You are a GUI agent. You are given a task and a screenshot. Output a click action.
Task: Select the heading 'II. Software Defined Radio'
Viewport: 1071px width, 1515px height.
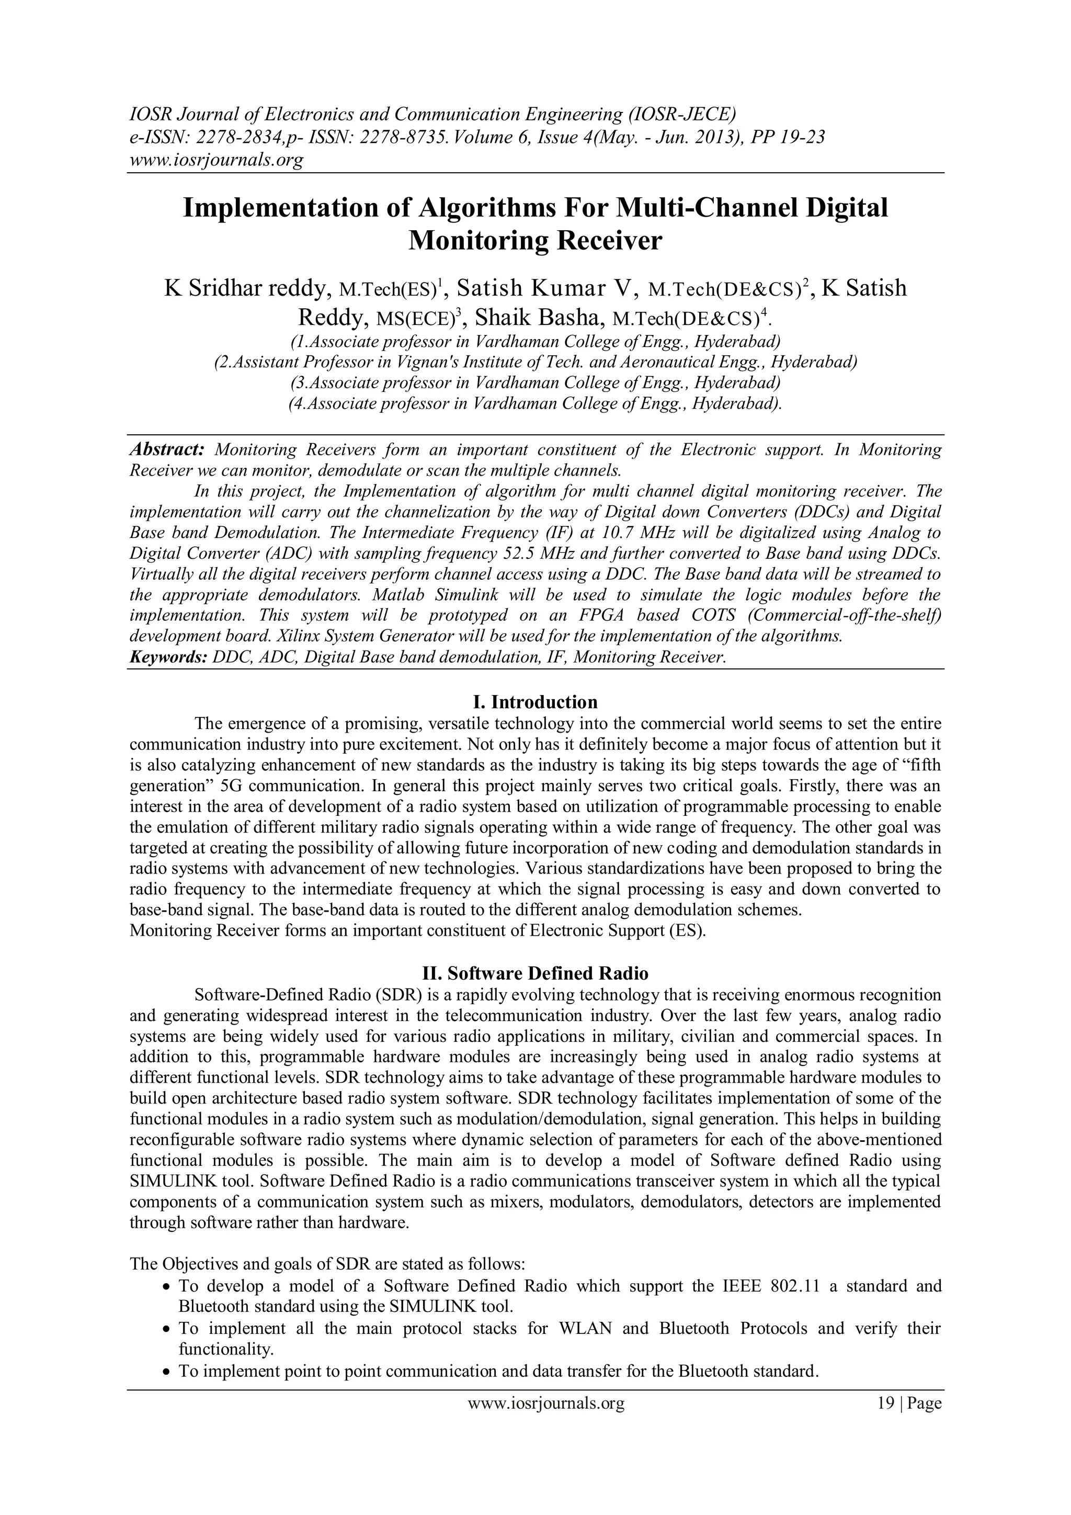[x=535, y=973]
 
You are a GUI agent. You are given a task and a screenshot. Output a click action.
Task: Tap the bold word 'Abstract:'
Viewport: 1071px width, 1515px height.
[x=167, y=450]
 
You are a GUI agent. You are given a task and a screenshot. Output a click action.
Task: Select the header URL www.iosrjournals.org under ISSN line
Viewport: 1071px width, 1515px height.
[x=215, y=160]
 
